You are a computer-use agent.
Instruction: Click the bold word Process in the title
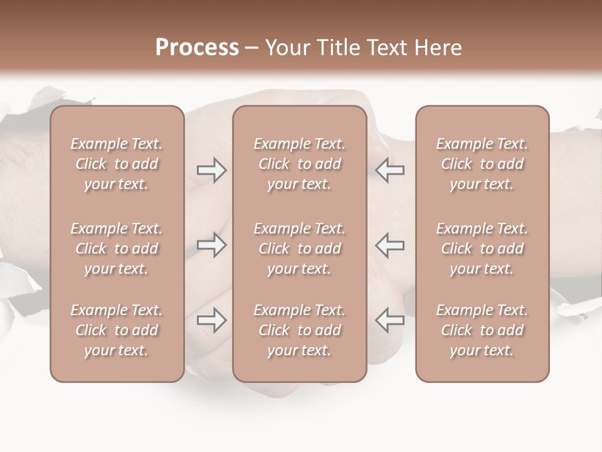pyautogui.click(x=197, y=48)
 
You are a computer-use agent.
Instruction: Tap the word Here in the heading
pyautogui.click(x=438, y=48)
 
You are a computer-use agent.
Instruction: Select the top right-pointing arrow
pyautogui.click(x=212, y=171)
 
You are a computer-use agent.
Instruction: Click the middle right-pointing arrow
pyautogui.click(x=212, y=245)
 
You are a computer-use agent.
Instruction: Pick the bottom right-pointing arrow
pyautogui.click(x=212, y=321)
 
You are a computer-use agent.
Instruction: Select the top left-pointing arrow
pyautogui.click(x=390, y=171)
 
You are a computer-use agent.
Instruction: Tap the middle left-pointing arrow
pyautogui.click(x=390, y=245)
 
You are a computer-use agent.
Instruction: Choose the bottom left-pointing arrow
pyautogui.click(x=390, y=321)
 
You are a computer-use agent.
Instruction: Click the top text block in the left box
pyautogui.click(x=117, y=164)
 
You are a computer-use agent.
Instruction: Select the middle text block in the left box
pyautogui.click(x=117, y=249)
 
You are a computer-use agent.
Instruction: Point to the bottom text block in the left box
pyautogui.click(x=117, y=330)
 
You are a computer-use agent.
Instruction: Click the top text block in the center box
pyautogui.click(x=300, y=164)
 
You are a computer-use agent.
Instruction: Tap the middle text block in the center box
pyautogui.click(x=300, y=249)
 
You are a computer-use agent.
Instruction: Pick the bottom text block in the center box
pyautogui.click(x=300, y=330)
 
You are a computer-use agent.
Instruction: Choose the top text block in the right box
pyautogui.click(x=482, y=164)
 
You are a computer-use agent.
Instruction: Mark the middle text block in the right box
pyautogui.click(x=482, y=249)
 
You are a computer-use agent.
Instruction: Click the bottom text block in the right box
pyautogui.click(x=482, y=330)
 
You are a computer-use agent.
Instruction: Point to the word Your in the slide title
pyautogui.click(x=285, y=48)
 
